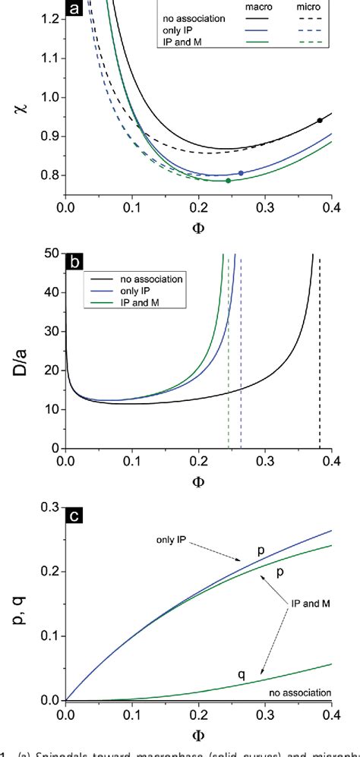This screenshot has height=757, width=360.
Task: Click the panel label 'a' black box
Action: tap(74, 10)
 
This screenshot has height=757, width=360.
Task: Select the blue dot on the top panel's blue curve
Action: tap(241, 173)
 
